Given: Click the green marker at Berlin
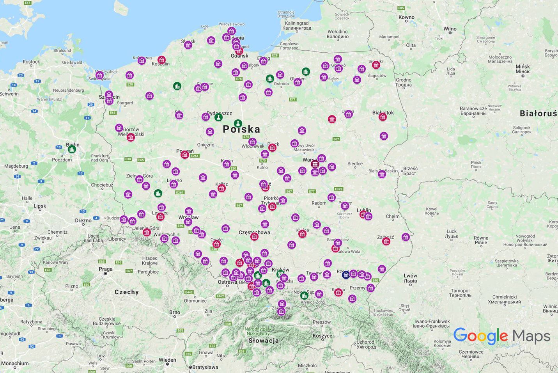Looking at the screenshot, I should tap(72, 149).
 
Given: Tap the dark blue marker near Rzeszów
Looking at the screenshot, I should tap(346, 275).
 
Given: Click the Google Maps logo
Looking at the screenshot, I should tap(501, 336).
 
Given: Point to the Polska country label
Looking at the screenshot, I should tap(241, 129).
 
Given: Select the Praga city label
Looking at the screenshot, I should tap(106, 269).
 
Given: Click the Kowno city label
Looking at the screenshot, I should tap(406, 17).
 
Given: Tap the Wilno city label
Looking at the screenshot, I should tap(450, 28).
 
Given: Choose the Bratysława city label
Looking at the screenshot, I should tap(205, 367).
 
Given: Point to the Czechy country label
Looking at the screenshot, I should tap(126, 292).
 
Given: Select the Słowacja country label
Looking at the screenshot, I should tap(264, 340).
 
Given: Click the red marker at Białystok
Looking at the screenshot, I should tap(383, 117).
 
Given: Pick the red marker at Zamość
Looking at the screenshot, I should tap(386, 241).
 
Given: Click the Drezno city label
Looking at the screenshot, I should tap(83, 220).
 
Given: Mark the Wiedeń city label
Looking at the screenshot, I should tap(167, 360).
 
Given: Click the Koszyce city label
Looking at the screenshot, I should tap(322, 336).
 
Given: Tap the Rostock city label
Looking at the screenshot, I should tap(31, 62).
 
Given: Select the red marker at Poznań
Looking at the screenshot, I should tap(185, 155).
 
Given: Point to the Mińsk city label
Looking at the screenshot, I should tap(523, 69).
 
